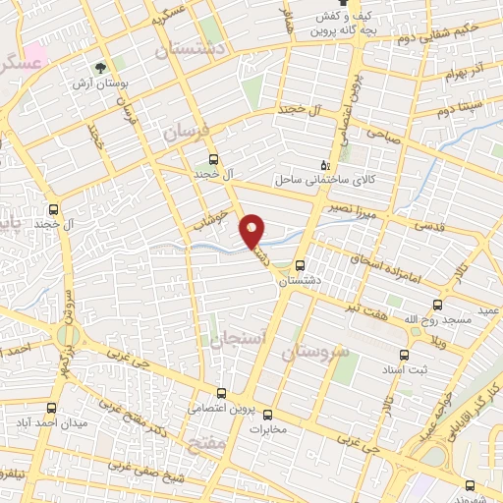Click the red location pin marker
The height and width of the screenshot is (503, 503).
coord(252,230)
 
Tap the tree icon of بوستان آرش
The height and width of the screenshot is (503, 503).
coord(99,68)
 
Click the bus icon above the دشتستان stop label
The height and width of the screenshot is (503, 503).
coord(300,264)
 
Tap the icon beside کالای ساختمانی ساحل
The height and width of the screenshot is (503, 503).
coord(326,165)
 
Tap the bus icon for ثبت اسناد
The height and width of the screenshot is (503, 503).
coord(403,355)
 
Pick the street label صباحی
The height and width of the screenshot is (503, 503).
coord(384,136)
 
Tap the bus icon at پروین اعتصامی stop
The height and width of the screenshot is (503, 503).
coord(220,392)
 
